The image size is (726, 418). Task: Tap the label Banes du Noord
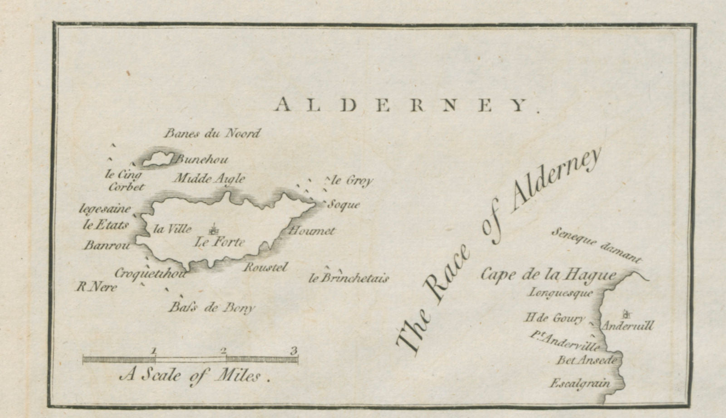[x=212, y=133]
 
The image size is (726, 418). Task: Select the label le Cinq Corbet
[x=124, y=181]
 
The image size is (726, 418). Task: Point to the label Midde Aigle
[x=209, y=178]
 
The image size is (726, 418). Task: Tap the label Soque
[x=344, y=205]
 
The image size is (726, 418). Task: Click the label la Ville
[x=172, y=229]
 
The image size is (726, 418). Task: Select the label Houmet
[x=312, y=231]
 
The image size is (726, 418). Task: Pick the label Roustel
[x=266, y=267]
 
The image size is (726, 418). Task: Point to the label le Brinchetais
[x=348, y=278]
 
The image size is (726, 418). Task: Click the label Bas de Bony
[x=211, y=308]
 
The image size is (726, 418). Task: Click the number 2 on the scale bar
[x=224, y=350]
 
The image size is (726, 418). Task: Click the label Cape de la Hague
[x=549, y=275]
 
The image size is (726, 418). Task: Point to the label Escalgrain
[x=580, y=384]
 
